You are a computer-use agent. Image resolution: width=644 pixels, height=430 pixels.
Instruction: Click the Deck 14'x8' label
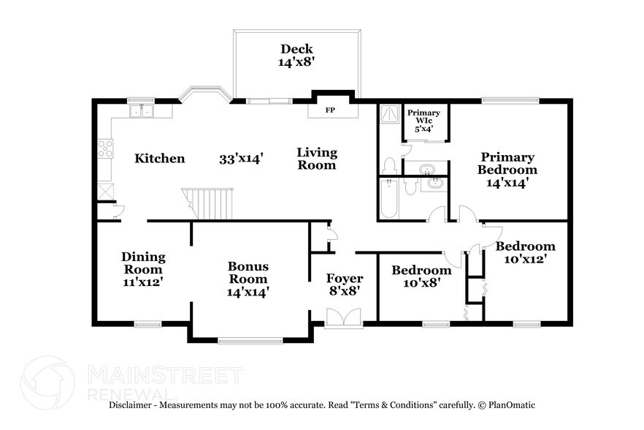pyautogui.click(x=296, y=56)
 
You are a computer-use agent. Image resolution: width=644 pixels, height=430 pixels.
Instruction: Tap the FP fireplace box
pyautogui.click(x=330, y=110)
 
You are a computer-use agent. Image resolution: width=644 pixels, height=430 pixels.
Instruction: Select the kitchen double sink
pyautogui.click(x=142, y=111)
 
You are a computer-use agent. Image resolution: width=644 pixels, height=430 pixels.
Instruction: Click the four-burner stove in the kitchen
pyautogui.click(x=106, y=148)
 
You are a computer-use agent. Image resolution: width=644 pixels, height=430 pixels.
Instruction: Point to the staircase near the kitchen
pyautogui.click(x=211, y=203)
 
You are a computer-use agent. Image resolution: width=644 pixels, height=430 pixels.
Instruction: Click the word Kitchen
pyautogui.click(x=160, y=159)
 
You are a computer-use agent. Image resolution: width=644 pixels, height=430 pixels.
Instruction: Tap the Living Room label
pyautogui.click(x=317, y=159)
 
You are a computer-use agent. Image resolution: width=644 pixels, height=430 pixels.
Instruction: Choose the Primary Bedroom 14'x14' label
pyautogui.click(x=507, y=170)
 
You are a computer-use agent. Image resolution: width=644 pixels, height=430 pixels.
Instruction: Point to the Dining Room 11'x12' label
pyautogui.click(x=143, y=268)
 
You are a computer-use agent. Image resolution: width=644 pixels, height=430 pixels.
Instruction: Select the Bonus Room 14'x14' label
pyautogui.click(x=248, y=279)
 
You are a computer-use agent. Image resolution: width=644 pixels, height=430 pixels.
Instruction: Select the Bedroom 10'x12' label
pyautogui.click(x=525, y=252)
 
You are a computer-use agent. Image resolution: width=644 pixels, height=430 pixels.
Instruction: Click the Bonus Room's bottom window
pyautogui.click(x=250, y=340)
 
